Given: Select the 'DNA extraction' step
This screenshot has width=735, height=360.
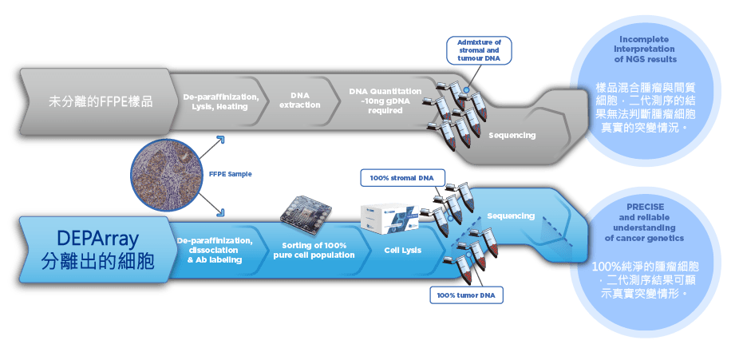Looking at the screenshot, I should (300, 101).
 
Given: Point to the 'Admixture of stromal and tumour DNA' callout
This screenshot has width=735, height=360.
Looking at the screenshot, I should (478, 50).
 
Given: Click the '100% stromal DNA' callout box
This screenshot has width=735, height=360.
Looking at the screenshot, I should (403, 177).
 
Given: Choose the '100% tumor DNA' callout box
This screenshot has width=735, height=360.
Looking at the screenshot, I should (466, 296).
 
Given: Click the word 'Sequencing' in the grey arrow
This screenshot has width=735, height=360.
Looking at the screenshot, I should (512, 135).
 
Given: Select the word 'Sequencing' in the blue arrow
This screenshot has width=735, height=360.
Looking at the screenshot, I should (511, 216).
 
